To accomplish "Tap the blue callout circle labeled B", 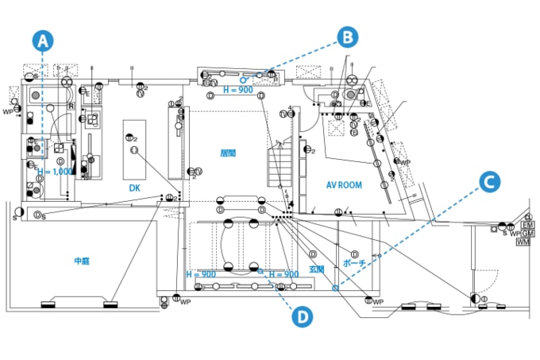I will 348,37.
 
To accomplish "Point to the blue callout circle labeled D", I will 302,317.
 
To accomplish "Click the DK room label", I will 135,188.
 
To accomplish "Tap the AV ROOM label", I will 344,185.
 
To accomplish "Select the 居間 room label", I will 228,152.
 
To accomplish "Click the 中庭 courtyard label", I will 83,260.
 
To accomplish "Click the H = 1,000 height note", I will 55,172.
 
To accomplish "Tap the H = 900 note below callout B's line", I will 237,89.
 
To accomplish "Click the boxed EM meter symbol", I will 526,225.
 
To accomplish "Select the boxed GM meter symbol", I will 526,234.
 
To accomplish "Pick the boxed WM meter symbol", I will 523,242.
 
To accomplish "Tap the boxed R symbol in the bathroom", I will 71,105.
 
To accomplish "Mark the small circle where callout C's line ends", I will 335,287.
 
